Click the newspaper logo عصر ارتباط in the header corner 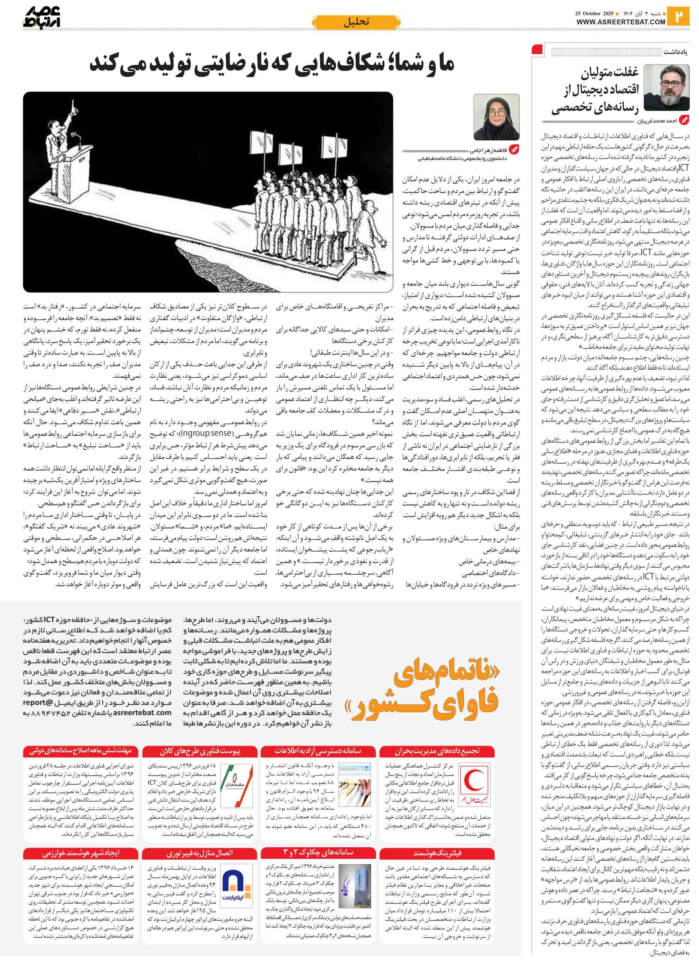[x=42, y=17]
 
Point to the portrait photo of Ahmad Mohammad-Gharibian [x=666, y=88]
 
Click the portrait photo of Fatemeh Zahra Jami [x=496, y=117]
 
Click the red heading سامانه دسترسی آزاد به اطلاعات [x=318, y=751]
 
